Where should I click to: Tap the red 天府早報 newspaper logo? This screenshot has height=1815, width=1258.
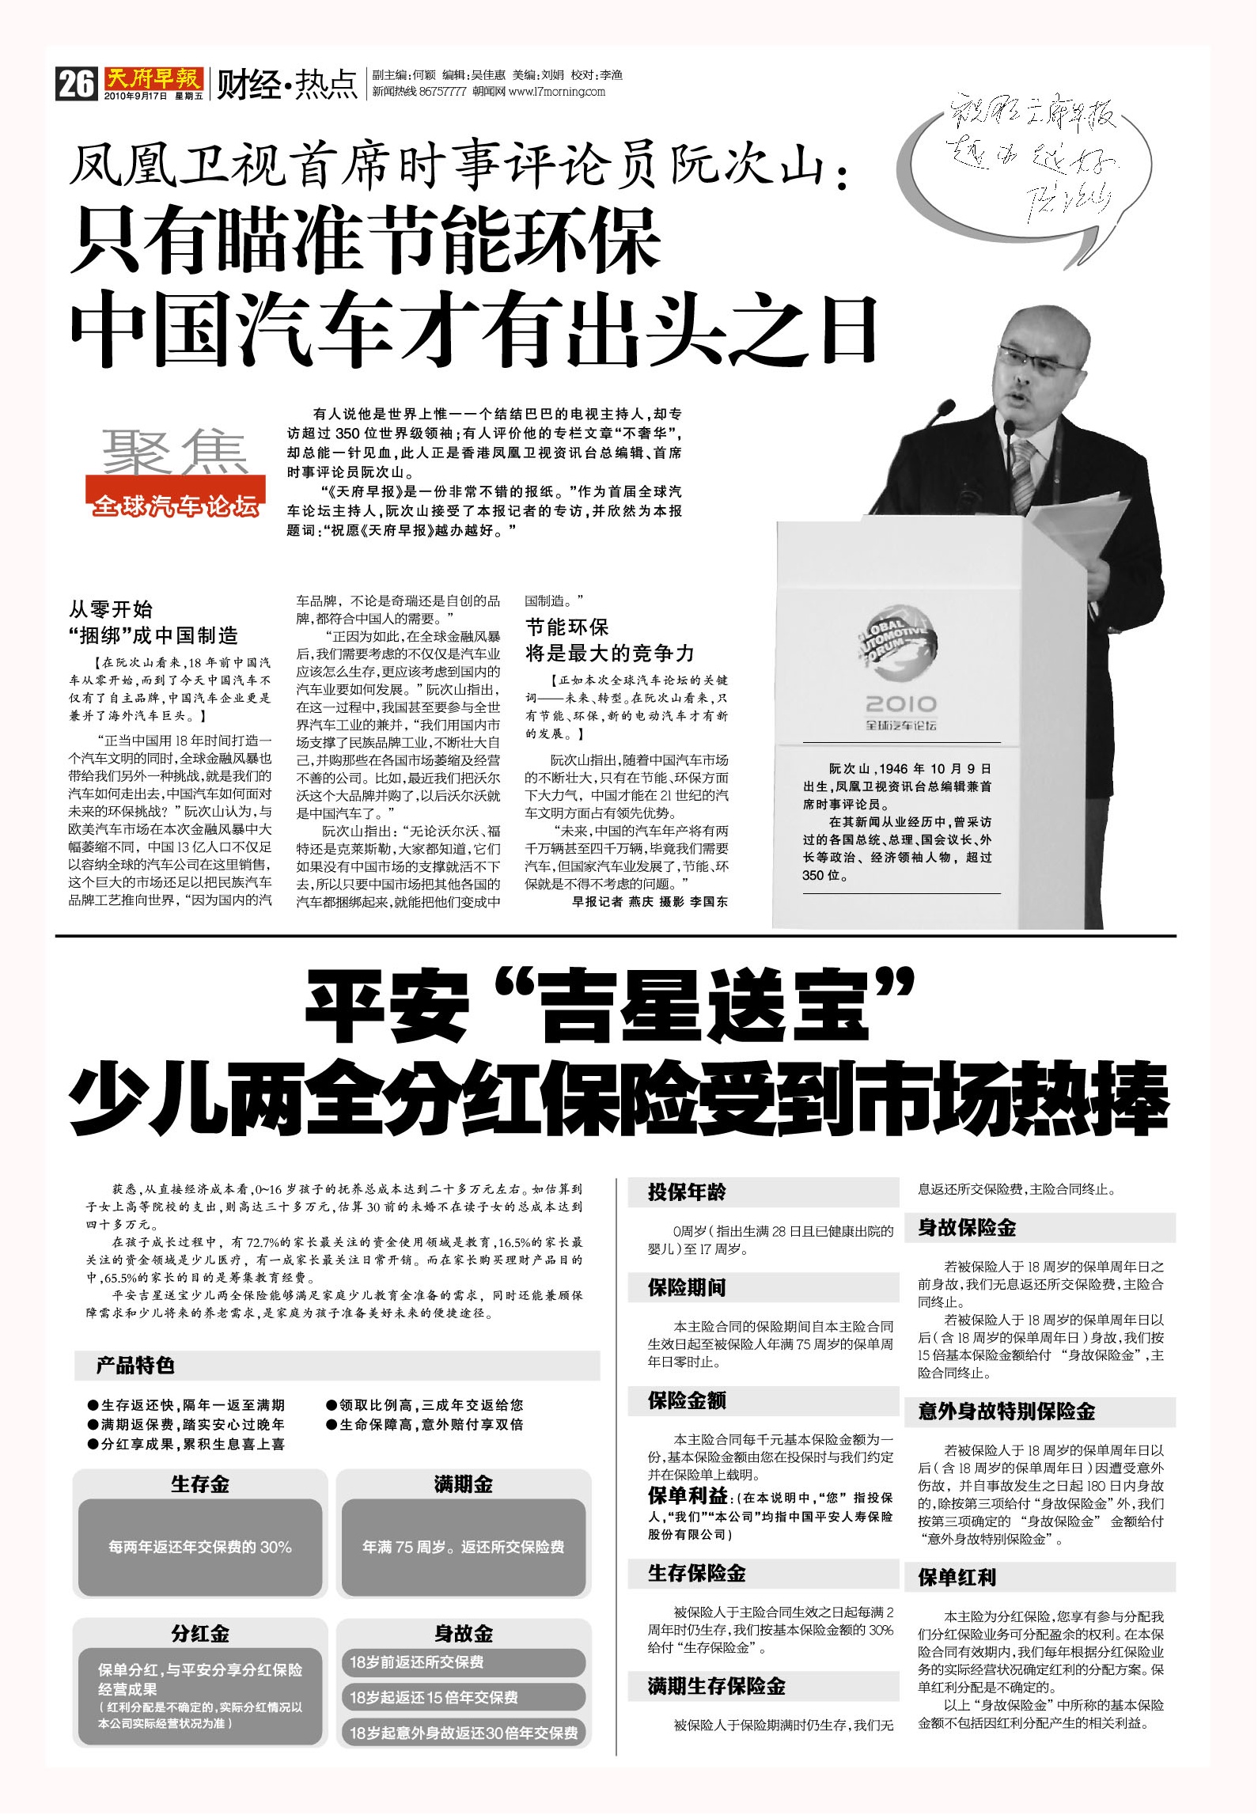tap(153, 79)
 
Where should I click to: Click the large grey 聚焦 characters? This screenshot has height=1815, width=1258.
tap(175, 453)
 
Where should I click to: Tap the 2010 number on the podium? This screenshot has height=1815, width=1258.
tap(900, 703)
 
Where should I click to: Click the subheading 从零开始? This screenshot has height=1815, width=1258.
tap(111, 609)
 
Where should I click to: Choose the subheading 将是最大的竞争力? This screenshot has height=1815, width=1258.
tap(609, 654)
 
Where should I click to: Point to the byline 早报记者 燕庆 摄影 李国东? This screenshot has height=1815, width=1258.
tap(650, 901)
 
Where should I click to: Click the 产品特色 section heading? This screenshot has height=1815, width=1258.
tap(135, 1366)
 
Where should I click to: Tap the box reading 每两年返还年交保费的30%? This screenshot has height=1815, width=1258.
tap(200, 1547)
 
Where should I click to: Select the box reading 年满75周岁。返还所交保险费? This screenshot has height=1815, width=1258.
tap(463, 1547)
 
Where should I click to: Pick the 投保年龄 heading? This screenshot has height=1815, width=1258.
tap(687, 1192)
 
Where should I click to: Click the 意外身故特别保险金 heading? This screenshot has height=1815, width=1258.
tap(1006, 1411)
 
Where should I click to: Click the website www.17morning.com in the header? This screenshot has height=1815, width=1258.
tap(556, 92)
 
